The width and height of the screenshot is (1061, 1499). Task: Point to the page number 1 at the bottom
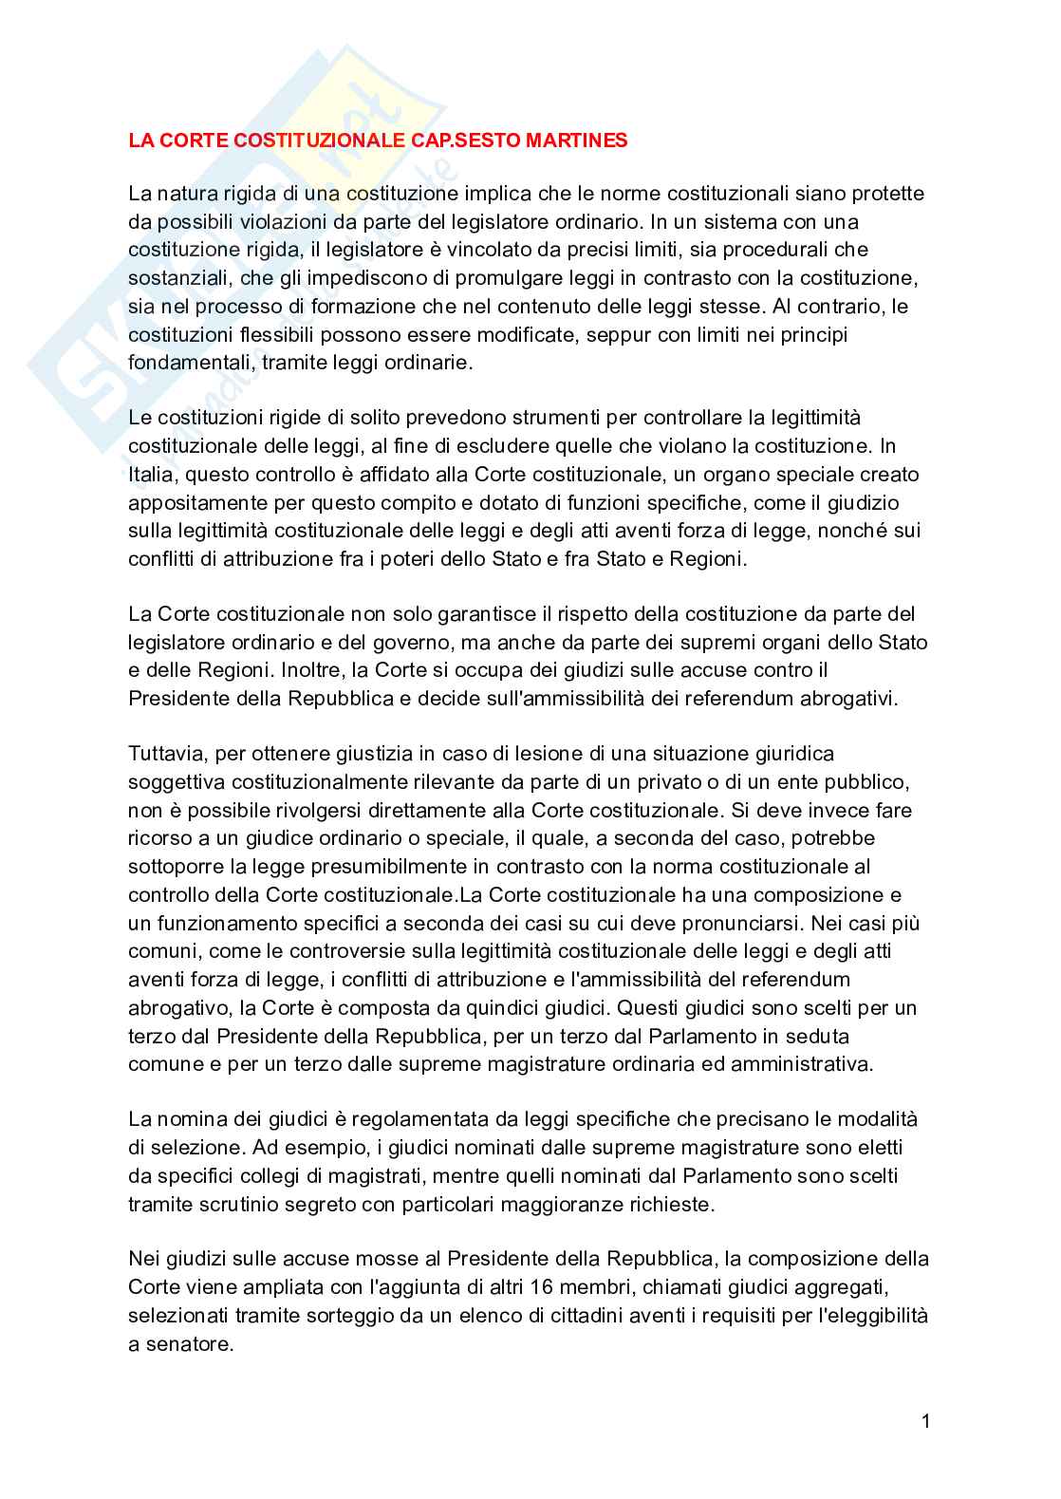tap(925, 1421)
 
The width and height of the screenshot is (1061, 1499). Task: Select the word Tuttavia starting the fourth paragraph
tap(167, 754)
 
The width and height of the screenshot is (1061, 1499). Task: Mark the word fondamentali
tap(190, 363)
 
